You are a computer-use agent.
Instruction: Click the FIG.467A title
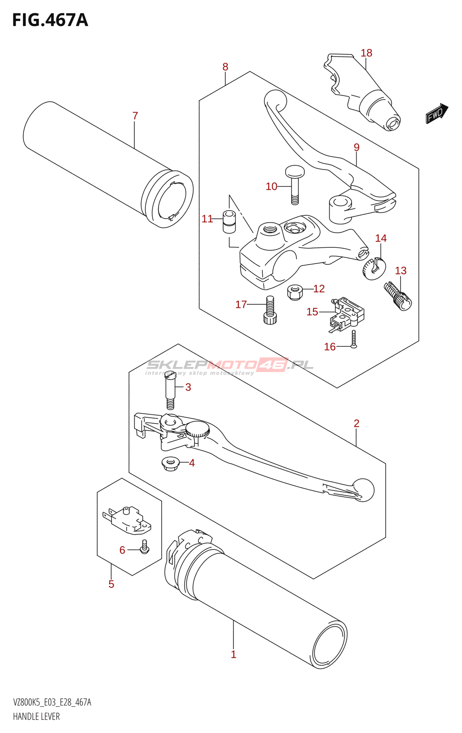point(50,20)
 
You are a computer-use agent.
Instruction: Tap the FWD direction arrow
point(436,113)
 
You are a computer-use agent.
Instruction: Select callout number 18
point(366,53)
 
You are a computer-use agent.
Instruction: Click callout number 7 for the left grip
point(135,116)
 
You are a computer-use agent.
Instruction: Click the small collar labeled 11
point(229,221)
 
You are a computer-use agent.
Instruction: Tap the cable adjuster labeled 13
point(398,296)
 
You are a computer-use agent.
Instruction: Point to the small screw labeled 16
point(354,339)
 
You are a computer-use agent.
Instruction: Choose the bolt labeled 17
point(270,310)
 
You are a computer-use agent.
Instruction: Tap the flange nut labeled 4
point(170,464)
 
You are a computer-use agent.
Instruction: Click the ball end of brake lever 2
point(363,489)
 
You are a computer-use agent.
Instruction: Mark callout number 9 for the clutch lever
point(357,148)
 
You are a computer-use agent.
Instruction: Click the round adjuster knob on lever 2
point(198,430)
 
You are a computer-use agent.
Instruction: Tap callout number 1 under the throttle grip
point(233,654)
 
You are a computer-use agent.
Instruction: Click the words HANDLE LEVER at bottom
point(36,717)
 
